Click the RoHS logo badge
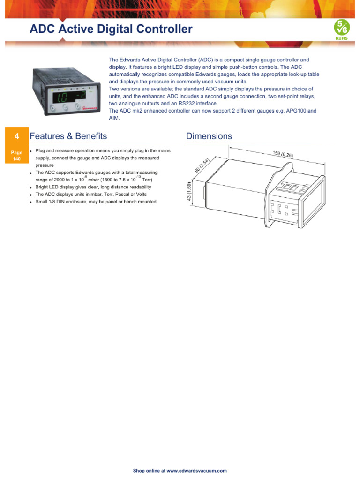[x=341, y=29]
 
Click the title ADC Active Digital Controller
[x=111, y=30]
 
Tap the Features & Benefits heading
[x=68, y=136]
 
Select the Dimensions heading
[x=209, y=136]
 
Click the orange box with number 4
[x=17, y=136]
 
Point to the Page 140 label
[x=17, y=156]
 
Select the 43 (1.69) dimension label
[x=190, y=192]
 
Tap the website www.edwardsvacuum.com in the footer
[x=196, y=471]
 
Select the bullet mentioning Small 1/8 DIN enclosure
[x=96, y=202]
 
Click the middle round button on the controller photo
[x=65, y=108]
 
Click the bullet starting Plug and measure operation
[x=103, y=151]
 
